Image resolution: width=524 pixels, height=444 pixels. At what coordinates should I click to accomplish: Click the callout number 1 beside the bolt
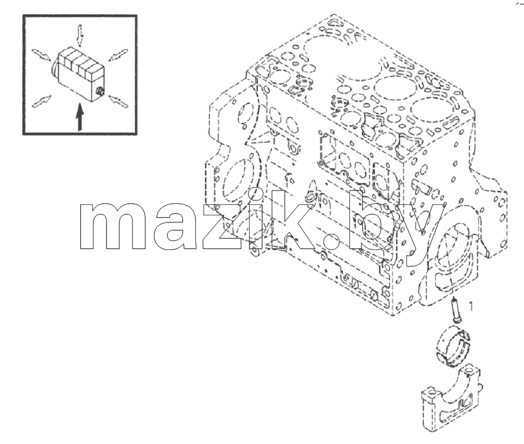point(471,306)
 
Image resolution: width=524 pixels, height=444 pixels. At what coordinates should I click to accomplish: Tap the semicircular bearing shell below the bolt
point(453,348)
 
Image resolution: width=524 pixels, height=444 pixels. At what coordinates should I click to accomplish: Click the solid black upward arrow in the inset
point(79,117)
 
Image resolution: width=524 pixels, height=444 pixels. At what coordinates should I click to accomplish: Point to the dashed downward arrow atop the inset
point(80,35)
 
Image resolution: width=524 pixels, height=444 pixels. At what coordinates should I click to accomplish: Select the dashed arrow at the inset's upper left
point(42,55)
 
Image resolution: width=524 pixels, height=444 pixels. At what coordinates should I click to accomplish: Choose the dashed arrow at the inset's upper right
point(118,55)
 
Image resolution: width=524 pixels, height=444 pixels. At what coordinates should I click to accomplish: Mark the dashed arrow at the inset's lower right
point(118,101)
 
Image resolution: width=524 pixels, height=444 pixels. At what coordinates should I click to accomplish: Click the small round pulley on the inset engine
point(100,91)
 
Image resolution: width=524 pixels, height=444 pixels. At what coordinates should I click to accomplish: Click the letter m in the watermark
point(113,227)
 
